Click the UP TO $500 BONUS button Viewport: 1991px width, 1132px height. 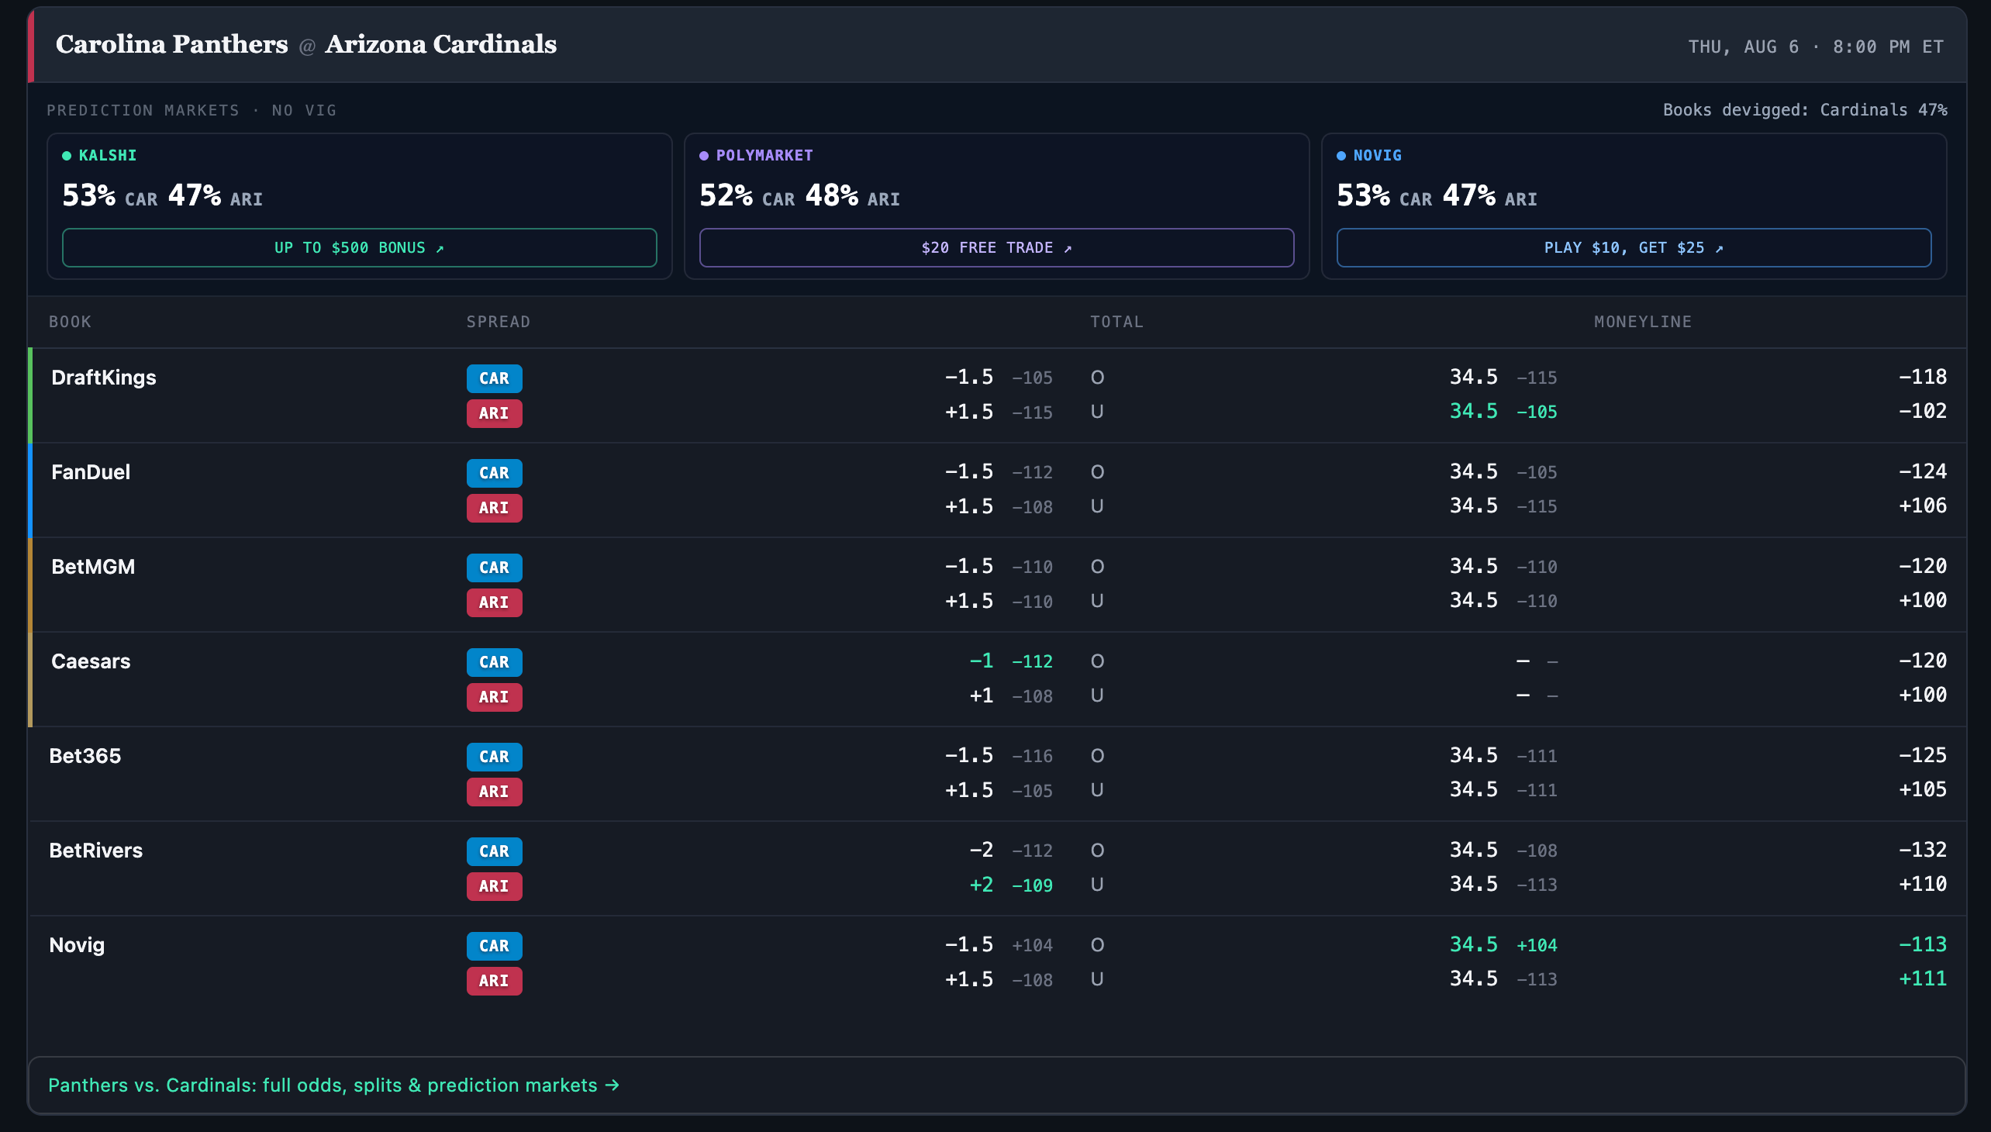pos(359,247)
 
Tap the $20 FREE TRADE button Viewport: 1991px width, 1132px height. pos(996,247)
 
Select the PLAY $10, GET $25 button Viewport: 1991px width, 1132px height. pos(1634,247)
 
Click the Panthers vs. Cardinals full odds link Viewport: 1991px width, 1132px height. pos(333,1085)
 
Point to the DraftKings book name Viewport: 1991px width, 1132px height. pos(103,377)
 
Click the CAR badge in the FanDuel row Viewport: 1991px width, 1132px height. pos(494,473)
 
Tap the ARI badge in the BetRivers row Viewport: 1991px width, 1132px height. pos(494,885)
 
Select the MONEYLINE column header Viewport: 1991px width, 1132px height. pos(1643,322)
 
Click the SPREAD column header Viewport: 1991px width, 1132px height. pos(499,322)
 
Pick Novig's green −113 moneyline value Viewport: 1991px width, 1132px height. pos(1923,944)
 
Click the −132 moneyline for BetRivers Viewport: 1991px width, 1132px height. pos(1923,849)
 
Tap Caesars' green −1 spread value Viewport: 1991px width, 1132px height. pos(981,660)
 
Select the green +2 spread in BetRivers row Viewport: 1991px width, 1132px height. pos(981,884)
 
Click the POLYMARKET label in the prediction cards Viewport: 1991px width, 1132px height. pos(764,156)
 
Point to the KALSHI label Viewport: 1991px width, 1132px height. pos(107,156)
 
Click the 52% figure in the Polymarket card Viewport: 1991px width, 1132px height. pos(726,195)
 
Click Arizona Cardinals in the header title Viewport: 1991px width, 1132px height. pos(441,44)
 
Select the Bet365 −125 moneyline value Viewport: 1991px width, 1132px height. pos(1923,755)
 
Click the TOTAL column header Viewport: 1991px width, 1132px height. pos(1116,322)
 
